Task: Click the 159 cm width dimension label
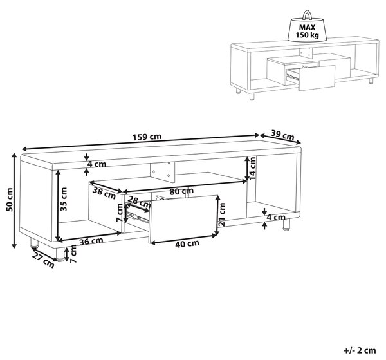(x=147, y=137)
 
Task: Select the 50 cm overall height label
(x=10, y=200)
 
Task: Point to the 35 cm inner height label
(x=64, y=199)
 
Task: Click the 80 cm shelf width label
(x=181, y=191)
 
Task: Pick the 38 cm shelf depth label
(x=104, y=193)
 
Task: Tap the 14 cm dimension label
(x=252, y=169)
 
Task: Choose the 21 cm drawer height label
(x=222, y=214)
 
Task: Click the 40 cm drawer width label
(x=187, y=243)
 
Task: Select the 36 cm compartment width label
(x=91, y=241)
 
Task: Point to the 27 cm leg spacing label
(x=43, y=260)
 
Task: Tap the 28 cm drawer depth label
(x=140, y=203)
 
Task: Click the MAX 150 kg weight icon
(x=308, y=26)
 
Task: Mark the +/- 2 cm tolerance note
(x=360, y=350)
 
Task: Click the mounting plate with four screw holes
(x=163, y=172)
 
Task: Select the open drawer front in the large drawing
(x=183, y=218)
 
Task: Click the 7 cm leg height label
(x=73, y=254)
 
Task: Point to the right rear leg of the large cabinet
(x=286, y=225)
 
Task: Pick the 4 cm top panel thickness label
(x=97, y=164)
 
